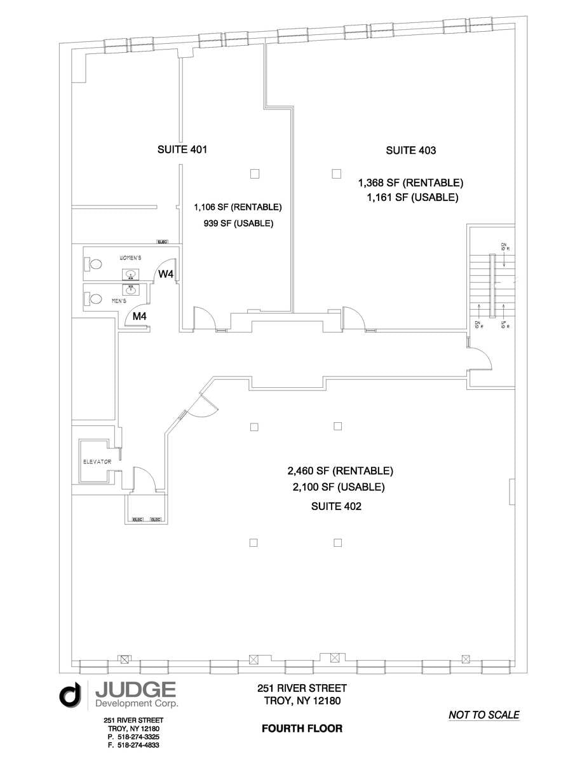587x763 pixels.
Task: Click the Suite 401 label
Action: coord(182,150)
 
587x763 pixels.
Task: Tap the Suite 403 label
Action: coord(410,151)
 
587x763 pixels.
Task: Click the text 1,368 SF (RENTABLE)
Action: coord(410,182)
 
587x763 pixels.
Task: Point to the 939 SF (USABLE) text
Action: coord(238,223)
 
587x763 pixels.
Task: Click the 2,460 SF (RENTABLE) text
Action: coord(340,471)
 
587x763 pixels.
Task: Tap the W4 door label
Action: coord(166,274)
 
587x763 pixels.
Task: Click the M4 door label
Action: coord(140,315)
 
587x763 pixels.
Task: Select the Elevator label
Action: coord(97,462)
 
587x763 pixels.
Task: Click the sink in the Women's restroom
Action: coord(131,275)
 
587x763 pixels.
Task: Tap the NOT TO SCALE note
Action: coord(483,715)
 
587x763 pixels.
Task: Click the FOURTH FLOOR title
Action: coord(302,729)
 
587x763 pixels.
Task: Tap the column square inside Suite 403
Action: coord(336,174)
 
